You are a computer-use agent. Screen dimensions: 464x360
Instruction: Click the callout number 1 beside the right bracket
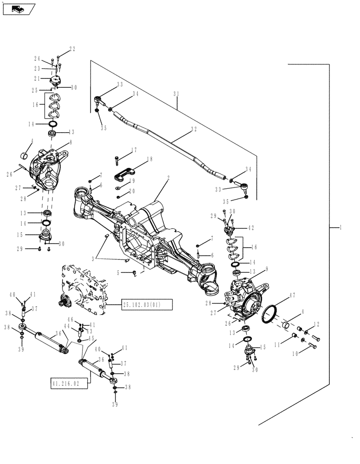click(x=341, y=227)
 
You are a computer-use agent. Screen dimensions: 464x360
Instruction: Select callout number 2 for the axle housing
click(x=168, y=177)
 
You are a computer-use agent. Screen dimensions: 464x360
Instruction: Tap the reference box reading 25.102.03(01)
click(x=147, y=304)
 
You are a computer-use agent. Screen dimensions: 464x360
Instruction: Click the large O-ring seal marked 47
click(x=268, y=314)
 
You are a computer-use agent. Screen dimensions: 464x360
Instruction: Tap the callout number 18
click(x=149, y=159)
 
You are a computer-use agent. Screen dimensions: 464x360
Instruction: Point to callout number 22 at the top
click(x=72, y=49)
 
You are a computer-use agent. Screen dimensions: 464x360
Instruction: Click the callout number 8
click(x=71, y=143)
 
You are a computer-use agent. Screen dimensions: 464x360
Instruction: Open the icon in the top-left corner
click(x=19, y=8)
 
